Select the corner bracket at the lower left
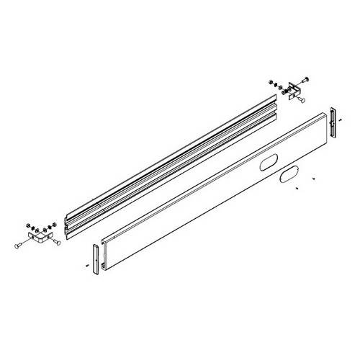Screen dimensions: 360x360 click(39, 236)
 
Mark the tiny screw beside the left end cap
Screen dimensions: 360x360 click(86, 266)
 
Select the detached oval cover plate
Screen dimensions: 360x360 click(286, 176)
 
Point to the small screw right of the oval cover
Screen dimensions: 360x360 click(314, 177)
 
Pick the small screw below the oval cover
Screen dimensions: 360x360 click(297, 189)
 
